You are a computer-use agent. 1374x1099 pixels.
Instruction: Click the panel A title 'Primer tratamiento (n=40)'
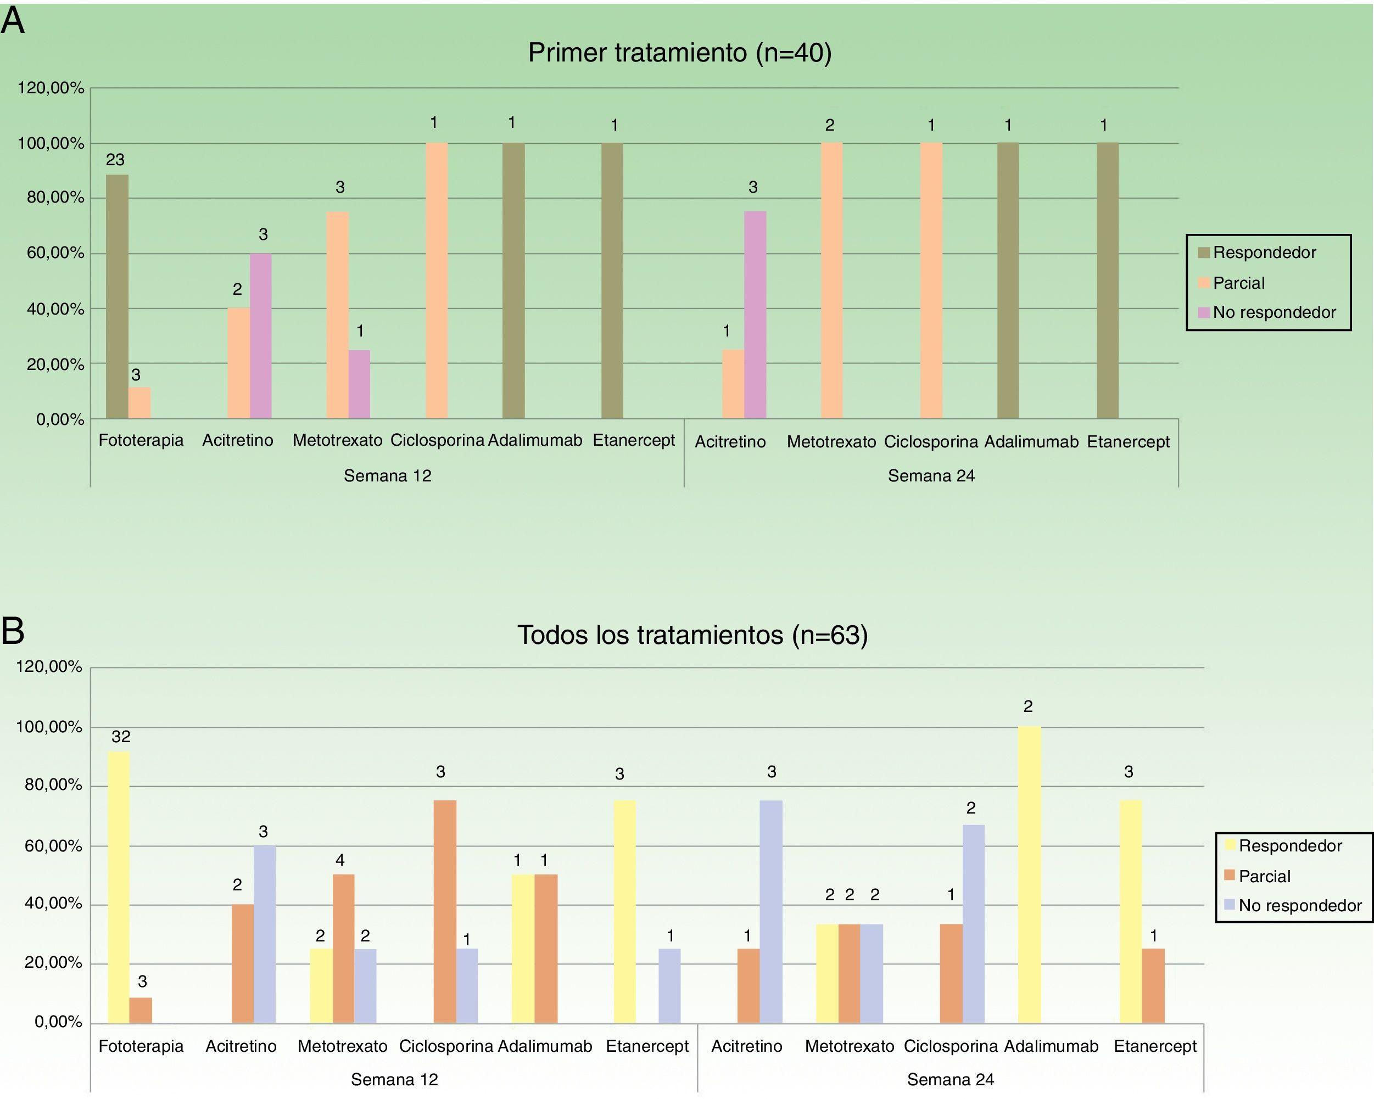(679, 52)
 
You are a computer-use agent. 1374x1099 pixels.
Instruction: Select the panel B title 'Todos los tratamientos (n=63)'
(692, 635)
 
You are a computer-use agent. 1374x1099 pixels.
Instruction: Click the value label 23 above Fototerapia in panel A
(115, 160)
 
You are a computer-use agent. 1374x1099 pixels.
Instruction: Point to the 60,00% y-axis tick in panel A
(56, 253)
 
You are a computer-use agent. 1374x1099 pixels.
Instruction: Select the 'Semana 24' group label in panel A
(931, 475)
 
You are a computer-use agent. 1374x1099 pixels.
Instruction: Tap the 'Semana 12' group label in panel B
(394, 1079)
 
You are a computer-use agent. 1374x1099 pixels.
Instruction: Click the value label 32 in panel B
(120, 737)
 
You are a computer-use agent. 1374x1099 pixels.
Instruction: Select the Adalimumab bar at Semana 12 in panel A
(513, 281)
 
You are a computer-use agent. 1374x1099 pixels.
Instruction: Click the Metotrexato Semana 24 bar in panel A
(831, 281)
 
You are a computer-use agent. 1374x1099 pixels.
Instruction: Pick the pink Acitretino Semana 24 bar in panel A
(755, 315)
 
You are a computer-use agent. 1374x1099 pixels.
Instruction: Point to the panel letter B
(13, 631)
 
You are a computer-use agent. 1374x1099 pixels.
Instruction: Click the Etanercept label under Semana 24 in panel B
(1155, 1046)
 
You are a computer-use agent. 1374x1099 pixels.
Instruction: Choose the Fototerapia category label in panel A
(141, 440)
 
